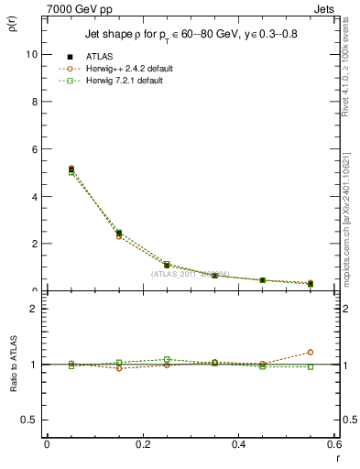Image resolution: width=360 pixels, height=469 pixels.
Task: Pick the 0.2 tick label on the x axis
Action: [x=142, y=444]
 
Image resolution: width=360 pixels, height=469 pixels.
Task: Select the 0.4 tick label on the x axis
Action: [x=238, y=444]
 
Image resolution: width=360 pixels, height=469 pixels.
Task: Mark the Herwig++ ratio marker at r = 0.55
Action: [x=311, y=352]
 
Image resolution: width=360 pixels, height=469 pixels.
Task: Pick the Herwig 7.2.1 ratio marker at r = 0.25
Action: [x=167, y=360]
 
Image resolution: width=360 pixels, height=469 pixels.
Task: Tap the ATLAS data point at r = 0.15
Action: [x=119, y=234]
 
